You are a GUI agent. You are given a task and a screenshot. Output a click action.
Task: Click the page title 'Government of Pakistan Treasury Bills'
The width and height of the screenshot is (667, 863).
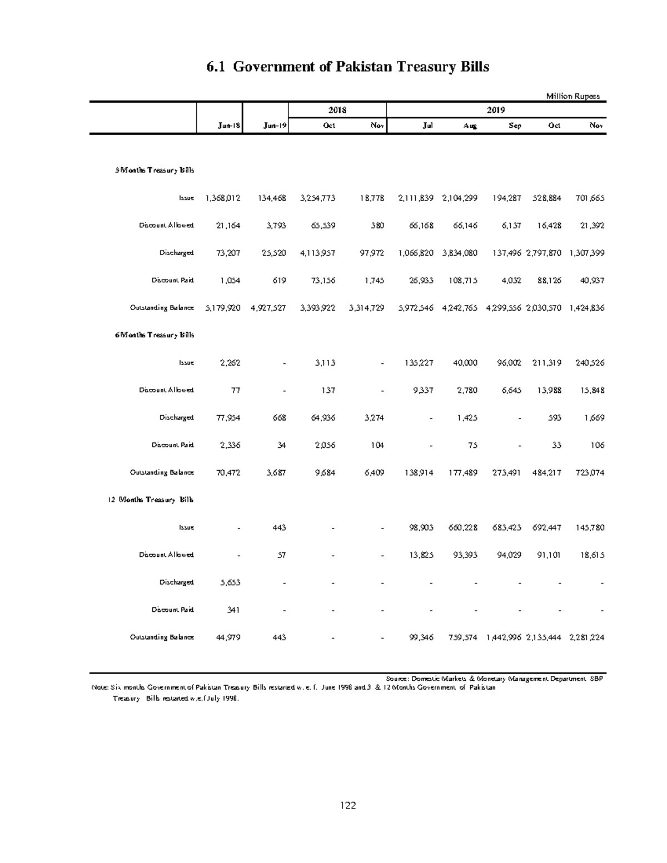(x=347, y=67)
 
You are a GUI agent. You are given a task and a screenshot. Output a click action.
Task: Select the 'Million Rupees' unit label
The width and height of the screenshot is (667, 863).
(x=573, y=96)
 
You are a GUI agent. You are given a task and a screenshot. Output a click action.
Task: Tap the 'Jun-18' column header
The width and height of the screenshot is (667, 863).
(x=229, y=126)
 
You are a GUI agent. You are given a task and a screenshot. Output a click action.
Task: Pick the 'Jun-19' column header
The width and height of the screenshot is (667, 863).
(x=275, y=126)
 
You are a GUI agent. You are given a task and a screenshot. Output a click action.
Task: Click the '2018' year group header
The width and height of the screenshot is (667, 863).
(x=337, y=110)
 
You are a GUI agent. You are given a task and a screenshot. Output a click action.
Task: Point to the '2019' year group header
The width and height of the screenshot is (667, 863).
(x=496, y=110)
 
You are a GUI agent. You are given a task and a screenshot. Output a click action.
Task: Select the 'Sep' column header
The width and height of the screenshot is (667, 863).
(x=515, y=126)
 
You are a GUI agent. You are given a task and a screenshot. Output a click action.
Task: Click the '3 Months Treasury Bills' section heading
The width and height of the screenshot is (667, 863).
(x=154, y=170)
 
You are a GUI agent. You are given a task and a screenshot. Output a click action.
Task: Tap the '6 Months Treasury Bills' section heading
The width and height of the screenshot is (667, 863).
(x=154, y=335)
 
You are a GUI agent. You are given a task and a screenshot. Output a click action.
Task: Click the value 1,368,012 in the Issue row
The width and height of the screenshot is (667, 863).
(x=223, y=198)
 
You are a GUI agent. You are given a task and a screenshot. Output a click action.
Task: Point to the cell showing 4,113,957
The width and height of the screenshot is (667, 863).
(x=317, y=253)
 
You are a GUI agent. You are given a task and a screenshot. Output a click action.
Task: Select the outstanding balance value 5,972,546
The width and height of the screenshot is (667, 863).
(x=416, y=308)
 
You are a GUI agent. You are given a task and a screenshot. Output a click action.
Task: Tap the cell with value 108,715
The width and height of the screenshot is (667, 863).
(x=460, y=281)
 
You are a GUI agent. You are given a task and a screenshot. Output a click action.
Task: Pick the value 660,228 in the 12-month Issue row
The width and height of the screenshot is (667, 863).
(x=460, y=527)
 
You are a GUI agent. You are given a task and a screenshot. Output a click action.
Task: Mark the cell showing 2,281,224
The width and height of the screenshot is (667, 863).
(x=586, y=637)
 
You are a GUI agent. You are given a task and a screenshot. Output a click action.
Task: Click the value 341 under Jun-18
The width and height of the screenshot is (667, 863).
(x=233, y=610)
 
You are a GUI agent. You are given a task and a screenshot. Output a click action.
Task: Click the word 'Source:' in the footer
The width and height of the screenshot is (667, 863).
(x=397, y=679)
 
